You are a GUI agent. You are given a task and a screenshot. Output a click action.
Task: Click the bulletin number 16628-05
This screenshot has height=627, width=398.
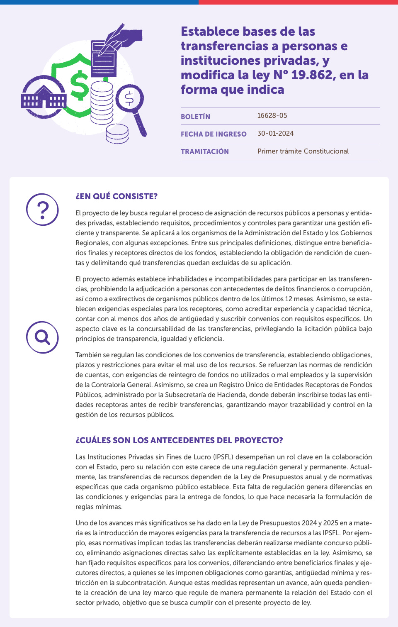click(272, 115)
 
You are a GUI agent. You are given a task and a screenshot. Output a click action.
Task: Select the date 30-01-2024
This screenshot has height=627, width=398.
click(275, 133)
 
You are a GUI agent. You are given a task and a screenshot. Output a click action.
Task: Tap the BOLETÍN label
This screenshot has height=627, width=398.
click(195, 117)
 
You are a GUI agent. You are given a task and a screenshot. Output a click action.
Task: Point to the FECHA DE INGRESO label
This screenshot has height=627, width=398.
click(214, 134)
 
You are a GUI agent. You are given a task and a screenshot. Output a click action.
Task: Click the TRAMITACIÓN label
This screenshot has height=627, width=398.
click(204, 151)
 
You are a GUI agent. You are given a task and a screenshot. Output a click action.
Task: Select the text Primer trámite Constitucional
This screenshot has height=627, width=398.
click(303, 151)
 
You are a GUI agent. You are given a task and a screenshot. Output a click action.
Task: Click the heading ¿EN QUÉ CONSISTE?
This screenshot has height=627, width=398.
click(116, 196)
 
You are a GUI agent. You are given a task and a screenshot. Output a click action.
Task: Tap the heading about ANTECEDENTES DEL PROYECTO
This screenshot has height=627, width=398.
click(179, 440)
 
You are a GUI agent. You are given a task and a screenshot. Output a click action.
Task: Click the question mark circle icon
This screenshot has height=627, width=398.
click(42, 210)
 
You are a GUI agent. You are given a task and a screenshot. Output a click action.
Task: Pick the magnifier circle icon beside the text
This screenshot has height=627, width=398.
click(42, 337)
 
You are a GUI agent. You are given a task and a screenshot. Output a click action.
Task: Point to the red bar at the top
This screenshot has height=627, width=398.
click(298, 2)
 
